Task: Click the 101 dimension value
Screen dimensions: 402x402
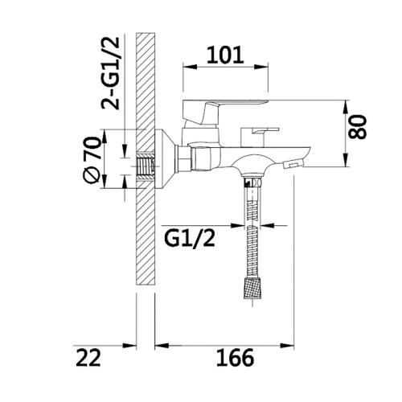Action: tap(225, 55)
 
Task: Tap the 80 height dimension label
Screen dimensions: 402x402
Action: tap(358, 127)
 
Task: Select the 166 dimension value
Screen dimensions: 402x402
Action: tap(235, 358)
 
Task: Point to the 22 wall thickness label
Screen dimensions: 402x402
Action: tap(88, 358)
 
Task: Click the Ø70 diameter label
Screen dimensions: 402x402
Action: tap(92, 160)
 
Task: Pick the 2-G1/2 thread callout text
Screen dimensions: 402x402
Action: tap(110, 73)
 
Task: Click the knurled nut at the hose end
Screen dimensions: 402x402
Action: tap(252, 289)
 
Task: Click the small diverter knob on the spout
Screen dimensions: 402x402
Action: tap(260, 136)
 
